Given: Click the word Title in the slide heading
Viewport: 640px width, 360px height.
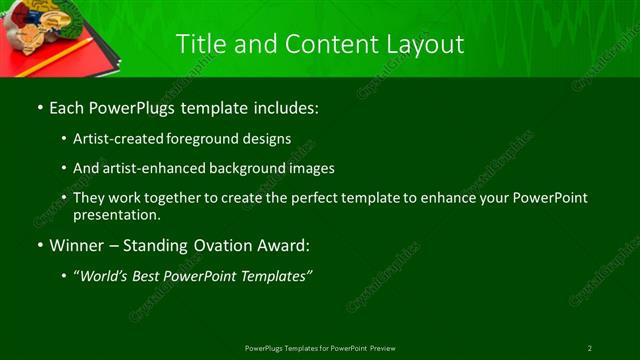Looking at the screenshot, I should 199,44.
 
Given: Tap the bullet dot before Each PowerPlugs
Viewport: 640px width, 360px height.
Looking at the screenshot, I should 39,107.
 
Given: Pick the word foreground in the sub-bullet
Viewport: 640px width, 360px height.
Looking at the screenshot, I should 219,139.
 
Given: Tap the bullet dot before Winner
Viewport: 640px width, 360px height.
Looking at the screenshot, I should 39,245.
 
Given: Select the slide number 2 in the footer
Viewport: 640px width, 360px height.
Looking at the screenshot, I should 590,348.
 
